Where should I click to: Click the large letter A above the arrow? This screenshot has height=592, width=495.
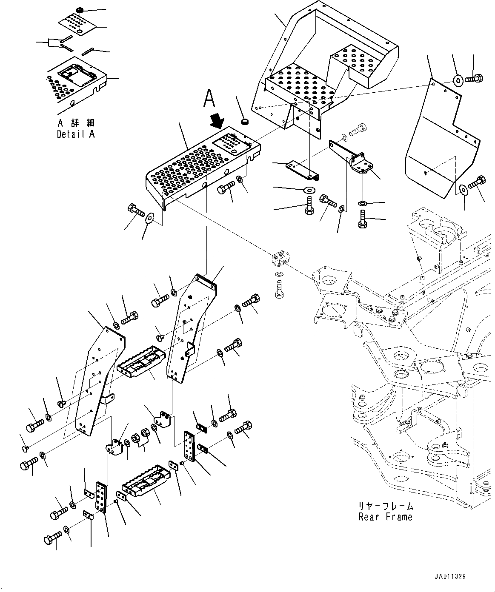tap(209, 99)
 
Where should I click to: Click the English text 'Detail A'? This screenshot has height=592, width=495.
tap(75, 134)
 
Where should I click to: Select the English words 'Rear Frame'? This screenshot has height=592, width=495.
tap(385, 517)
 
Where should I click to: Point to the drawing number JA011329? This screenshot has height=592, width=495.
tap(450, 577)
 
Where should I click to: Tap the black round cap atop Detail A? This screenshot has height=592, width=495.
tap(79, 9)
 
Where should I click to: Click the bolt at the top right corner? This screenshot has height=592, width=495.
tap(471, 78)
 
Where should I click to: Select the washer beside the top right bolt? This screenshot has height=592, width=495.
tap(458, 80)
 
